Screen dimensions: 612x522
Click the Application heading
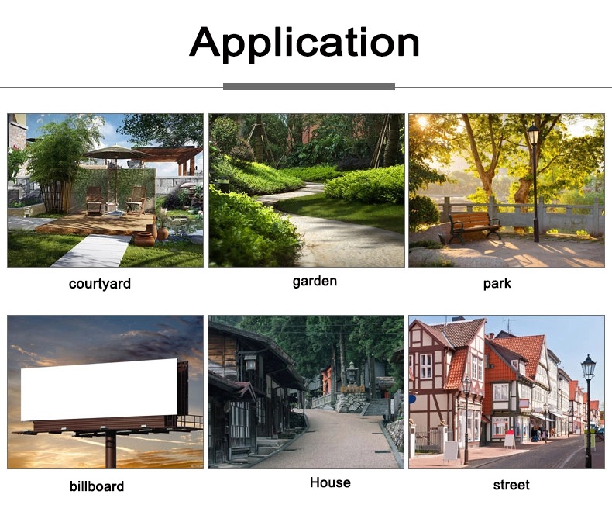304,42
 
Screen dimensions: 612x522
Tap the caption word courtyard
99,284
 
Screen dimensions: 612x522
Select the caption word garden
315,282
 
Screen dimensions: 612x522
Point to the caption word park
497,283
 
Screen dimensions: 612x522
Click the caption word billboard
97,486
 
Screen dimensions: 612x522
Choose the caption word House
330,482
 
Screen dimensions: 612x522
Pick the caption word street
511,485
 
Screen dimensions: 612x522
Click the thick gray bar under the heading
309,86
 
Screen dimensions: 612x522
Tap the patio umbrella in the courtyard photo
116,151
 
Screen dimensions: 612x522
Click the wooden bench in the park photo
474,226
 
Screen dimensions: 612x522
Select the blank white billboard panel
99,389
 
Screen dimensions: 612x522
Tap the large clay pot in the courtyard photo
143,238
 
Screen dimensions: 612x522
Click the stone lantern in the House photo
352,373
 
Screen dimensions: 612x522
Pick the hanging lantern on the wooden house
250,363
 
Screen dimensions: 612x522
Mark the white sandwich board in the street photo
451,451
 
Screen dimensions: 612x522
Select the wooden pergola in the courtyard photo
176,156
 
